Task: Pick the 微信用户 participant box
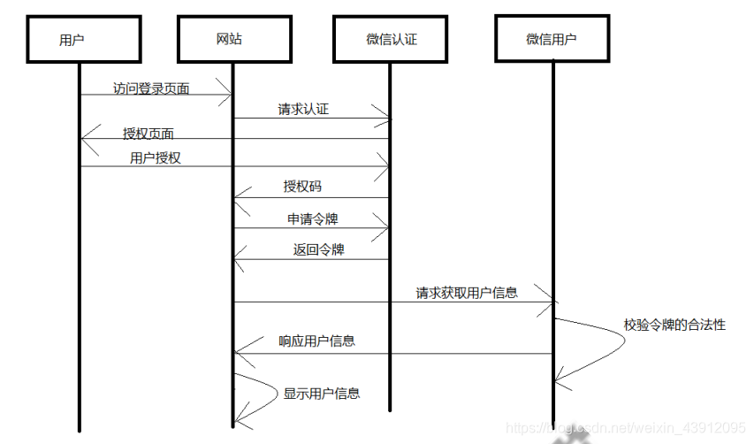[555, 38]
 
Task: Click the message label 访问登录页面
[151, 88]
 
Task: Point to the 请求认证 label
[304, 110]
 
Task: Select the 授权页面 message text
[149, 134]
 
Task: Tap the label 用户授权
[156, 158]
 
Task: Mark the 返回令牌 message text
[318, 249]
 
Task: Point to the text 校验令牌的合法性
[674, 325]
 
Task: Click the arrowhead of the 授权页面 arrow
[85, 138]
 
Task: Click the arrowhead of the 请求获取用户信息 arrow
[550, 302]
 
